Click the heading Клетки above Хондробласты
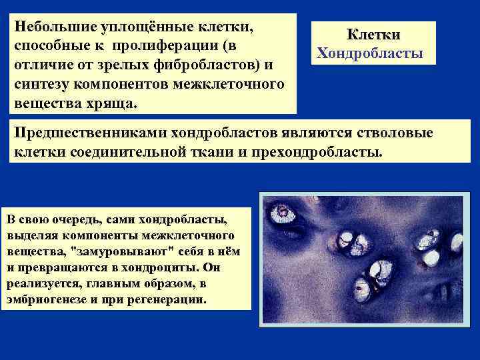click(373, 35)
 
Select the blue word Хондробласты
click(369, 53)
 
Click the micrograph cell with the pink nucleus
click(285, 213)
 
